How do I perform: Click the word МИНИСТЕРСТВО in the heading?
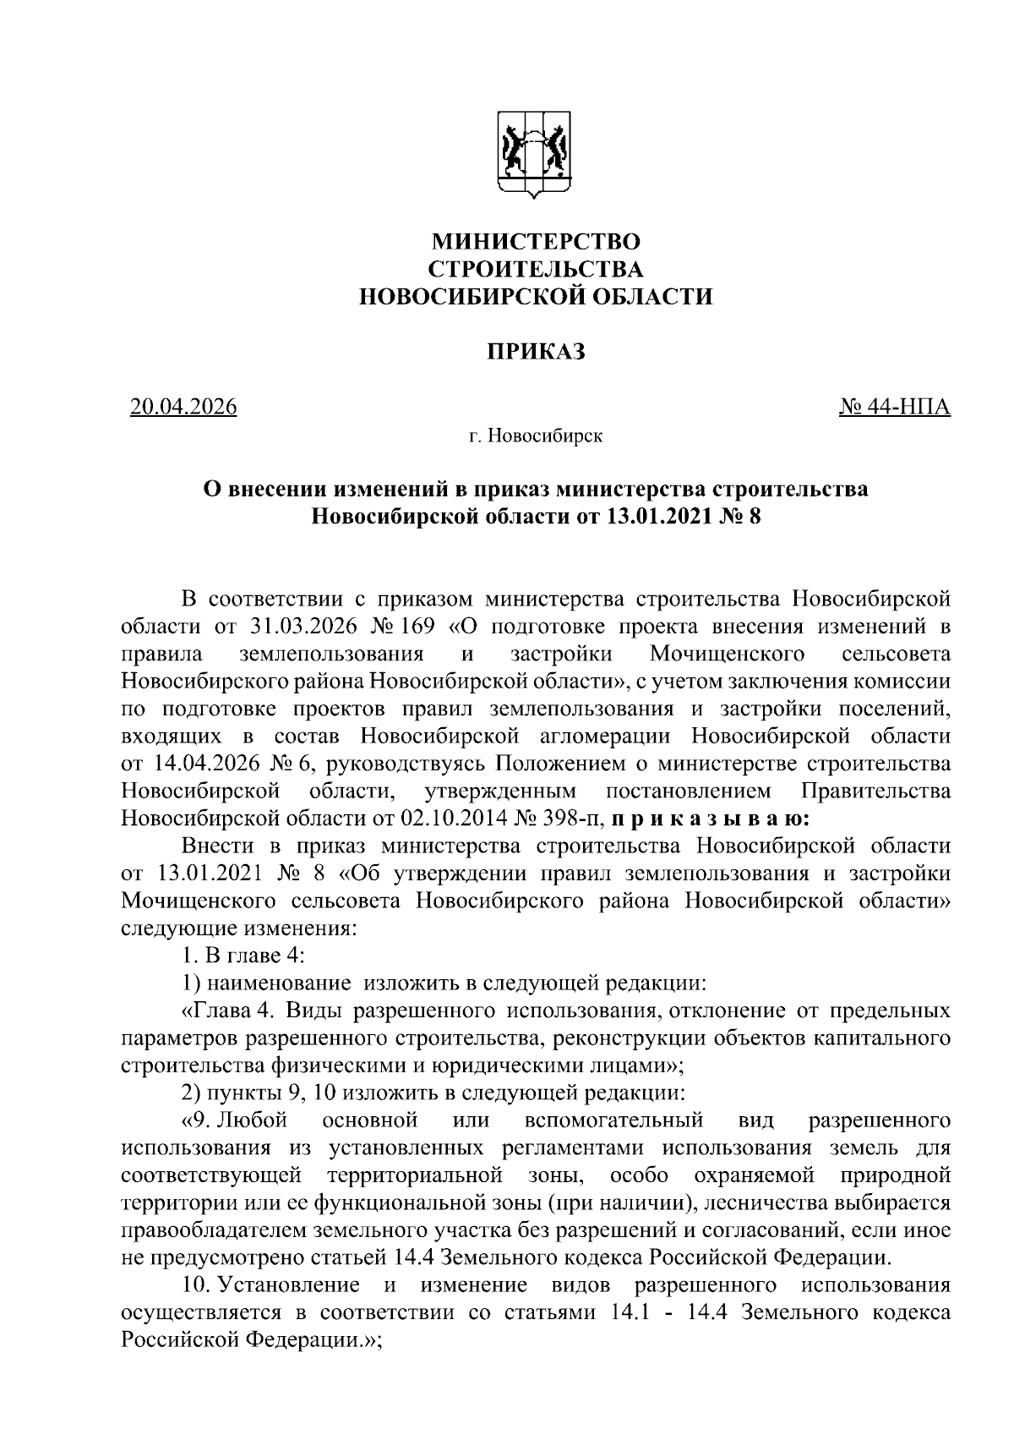tap(536, 242)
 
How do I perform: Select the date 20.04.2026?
tap(183, 408)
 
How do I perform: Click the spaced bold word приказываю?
tap(711, 819)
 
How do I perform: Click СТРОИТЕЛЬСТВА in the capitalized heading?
tap(536, 270)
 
